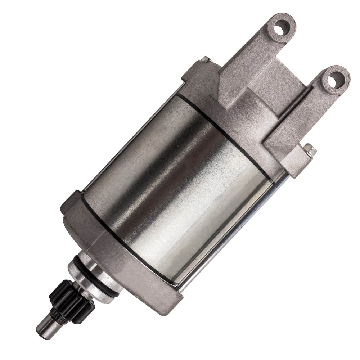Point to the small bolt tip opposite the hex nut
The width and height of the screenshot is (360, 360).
tap(205, 59)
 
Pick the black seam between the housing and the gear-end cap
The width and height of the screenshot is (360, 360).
tap(119, 238)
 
